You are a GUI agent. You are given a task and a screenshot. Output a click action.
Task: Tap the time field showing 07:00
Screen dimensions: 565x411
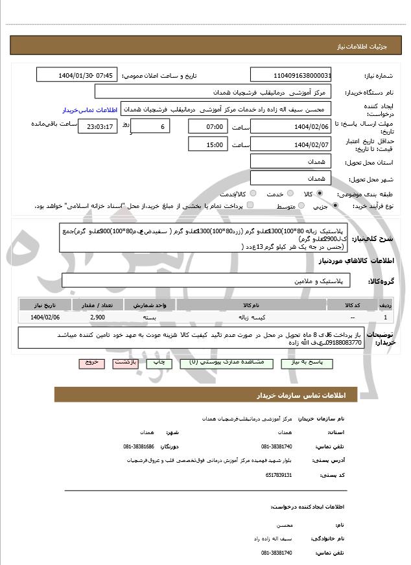coord(207,126)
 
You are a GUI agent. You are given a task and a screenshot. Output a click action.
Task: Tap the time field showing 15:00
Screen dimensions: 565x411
coord(207,144)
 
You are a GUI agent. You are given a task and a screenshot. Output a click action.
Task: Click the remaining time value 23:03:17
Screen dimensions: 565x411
coord(98,126)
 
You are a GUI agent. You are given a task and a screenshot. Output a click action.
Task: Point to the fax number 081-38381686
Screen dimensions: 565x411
coord(139,446)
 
